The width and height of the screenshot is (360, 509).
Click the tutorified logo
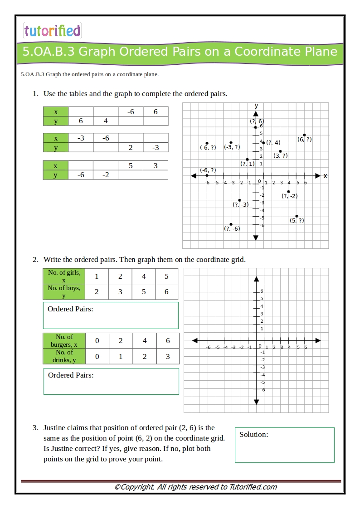(x=52, y=30)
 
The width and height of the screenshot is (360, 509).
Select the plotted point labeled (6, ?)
(x=305, y=135)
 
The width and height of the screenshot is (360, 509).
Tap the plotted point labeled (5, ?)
(x=297, y=216)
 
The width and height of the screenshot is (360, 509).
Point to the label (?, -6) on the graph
(x=232, y=229)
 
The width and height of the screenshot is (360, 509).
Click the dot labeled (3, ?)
(x=280, y=151)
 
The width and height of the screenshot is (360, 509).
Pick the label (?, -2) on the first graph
(x=289, y=196)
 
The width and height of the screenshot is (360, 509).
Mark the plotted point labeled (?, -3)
(x=239, y=200)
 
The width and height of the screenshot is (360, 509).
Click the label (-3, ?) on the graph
(x=232, y=147)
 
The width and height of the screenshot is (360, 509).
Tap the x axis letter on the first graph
(x=325, y=176)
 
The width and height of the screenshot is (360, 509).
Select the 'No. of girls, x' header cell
(x=64, y=276)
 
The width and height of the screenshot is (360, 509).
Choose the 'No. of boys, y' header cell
(x=64, y=291)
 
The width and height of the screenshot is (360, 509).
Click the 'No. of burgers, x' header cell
(x=64, y=340)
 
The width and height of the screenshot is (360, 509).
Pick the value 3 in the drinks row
(x=168, y=356)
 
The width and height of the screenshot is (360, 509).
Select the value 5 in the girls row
(x=166, y=276)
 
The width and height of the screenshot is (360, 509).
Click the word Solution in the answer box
(x=253, y=435)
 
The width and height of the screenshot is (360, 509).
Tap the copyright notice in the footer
(x=195, y=487)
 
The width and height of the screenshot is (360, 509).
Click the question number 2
(x=35, y=260)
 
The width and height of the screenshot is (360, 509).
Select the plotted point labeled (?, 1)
(x=247, y=159)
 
